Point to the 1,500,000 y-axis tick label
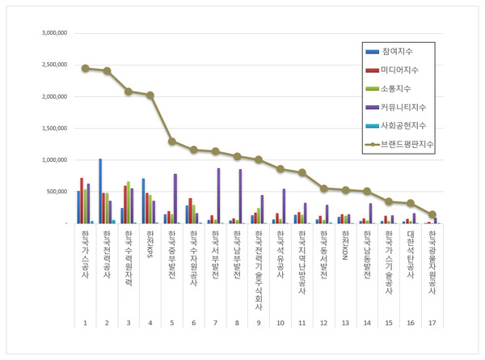(x=49, y=129)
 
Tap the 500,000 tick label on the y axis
(x=52, y=192)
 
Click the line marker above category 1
(x=85, y=68)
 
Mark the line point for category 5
(x=172, y=141)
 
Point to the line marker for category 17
(x=432, y=214)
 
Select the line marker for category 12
(x=323, y=188)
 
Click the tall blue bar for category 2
(x=100, y=191)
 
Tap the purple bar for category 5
(x=175, y=198)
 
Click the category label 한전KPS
(x=150, y=242)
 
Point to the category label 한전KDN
(x=345, y=243)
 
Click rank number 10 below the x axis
(x=280, y=323)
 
